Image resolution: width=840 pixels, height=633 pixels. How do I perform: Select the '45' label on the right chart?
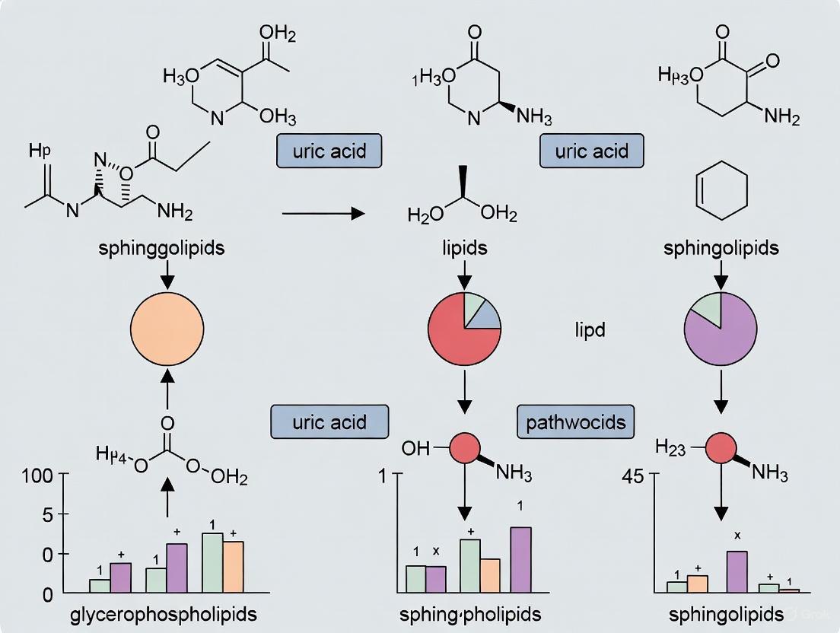coord(632,477)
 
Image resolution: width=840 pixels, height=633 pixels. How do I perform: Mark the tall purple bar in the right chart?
coord(737,571)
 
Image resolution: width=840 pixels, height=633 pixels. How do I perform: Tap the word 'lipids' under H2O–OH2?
coord(465,248)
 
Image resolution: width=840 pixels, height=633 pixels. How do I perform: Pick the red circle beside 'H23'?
coord(721,447)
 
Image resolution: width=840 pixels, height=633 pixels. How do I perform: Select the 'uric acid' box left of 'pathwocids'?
coord(329,421)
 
